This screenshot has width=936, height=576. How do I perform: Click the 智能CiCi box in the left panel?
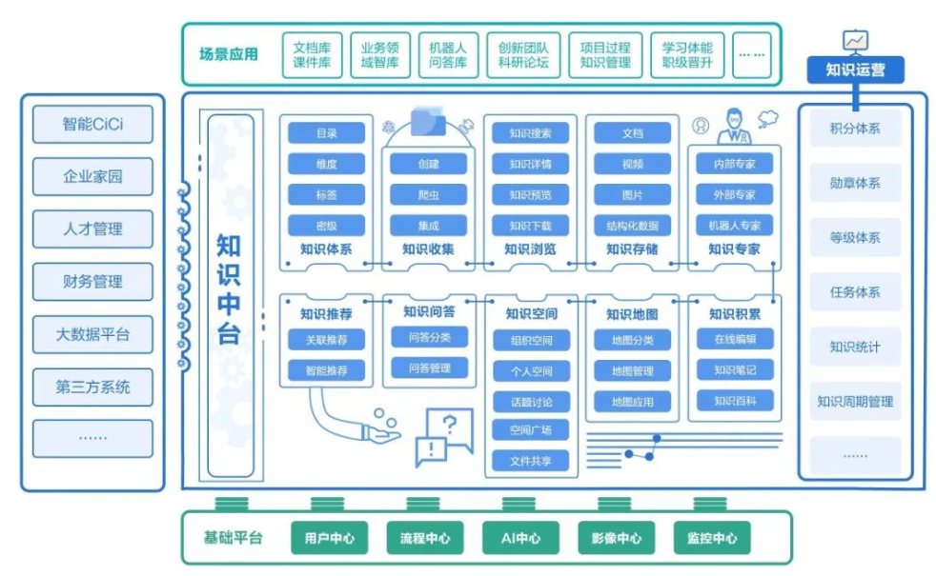click(x=92, y=124)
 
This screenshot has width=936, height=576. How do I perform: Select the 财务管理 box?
click(x=92, y=282)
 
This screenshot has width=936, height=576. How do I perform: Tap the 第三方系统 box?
click(x=92, y=387)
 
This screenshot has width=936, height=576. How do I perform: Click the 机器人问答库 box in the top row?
click(x=448, y=55)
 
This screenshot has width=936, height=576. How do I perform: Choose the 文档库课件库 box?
click(x=312, y=55)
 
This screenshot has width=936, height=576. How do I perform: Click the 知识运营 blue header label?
click(x=855, y=70)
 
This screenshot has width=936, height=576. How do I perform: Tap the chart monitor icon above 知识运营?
click(x=855, y=41)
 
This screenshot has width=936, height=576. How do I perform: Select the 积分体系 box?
click(x=855, y=129)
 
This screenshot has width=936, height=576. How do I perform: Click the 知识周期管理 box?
click(x=855, y=402)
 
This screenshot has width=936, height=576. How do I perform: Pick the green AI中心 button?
click(x=520, y=538)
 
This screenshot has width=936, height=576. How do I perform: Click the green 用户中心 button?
click(x=330, y=538)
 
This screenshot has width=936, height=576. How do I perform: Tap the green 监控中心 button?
click(x=711, y=538)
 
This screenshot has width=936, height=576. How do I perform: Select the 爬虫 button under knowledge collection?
click(x=428, y=195)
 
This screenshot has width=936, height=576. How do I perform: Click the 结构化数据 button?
click(x=632, y=226)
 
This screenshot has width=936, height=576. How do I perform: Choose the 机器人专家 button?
click(x=734, y=226)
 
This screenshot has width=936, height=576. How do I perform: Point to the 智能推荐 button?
click(x=325, y=370)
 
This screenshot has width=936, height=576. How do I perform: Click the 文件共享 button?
click(x=530, y=462)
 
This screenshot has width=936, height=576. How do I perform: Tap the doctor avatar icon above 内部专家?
click(x=735, y=124)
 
